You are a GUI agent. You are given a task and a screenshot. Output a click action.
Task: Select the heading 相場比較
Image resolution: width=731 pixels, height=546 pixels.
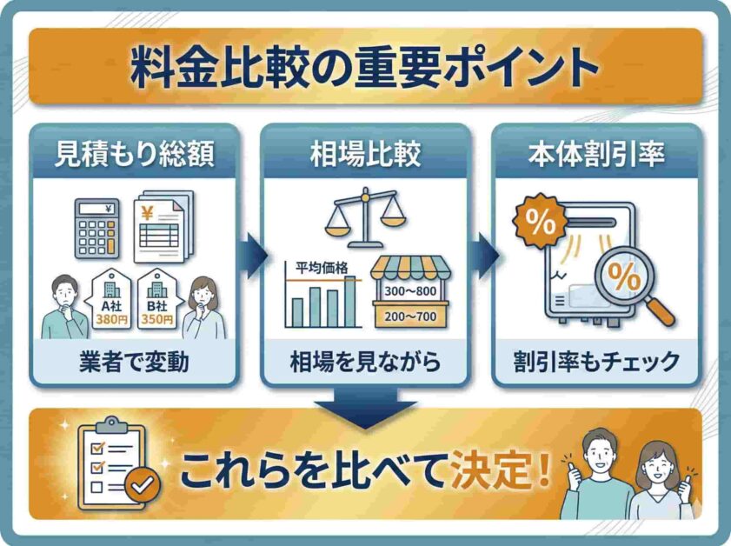(365, 154)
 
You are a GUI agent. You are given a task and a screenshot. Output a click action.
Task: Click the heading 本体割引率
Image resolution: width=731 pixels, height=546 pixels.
(597, 154)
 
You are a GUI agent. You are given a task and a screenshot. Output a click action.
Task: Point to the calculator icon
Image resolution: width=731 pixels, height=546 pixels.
(96, 229)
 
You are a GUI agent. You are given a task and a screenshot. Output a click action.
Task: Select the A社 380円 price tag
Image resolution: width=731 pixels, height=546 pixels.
(111, 300)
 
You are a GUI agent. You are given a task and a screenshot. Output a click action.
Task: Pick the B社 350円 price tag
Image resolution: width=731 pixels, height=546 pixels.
(157, 300)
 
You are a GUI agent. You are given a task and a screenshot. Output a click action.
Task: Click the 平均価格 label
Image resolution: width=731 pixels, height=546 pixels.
(322, 268)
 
